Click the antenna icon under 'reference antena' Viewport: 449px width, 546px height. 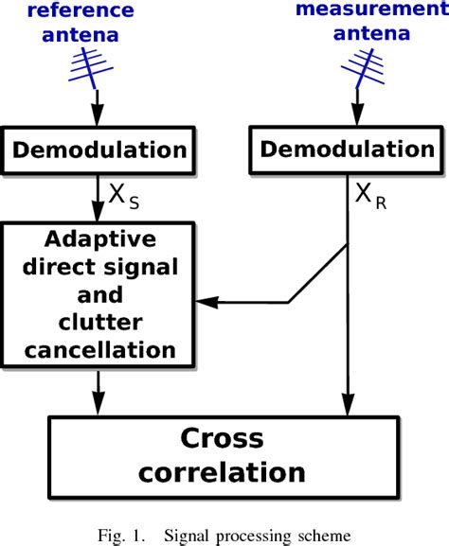point(95,64)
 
